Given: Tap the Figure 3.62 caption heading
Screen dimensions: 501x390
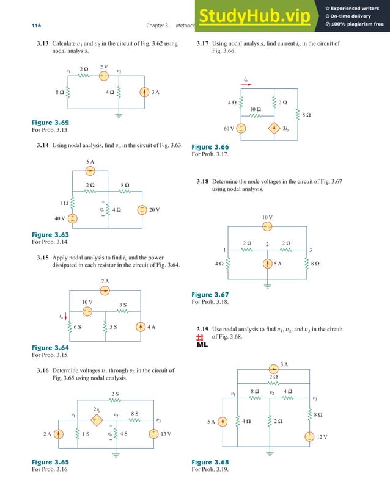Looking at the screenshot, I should click(x=50, y=123).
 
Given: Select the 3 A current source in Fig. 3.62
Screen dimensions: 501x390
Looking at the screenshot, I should click(x=144, y=92).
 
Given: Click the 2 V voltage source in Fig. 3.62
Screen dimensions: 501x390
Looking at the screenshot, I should click(x=103, y=76).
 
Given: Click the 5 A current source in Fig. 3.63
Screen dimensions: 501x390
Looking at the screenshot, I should click(x=90, y=171).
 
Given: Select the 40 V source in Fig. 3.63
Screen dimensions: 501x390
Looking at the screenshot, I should click(x=72, y=218).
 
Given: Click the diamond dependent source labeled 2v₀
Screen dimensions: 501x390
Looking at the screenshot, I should click(x=96, y=419).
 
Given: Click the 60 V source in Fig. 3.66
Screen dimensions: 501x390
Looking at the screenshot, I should click(x=241, y=129).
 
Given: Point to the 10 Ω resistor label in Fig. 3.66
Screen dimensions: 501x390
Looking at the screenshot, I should click(x=256, y=109).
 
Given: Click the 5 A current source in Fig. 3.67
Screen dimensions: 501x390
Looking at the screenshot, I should click(x=267, y=264).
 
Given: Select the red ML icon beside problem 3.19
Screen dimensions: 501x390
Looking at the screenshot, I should click(x=202, y=341).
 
